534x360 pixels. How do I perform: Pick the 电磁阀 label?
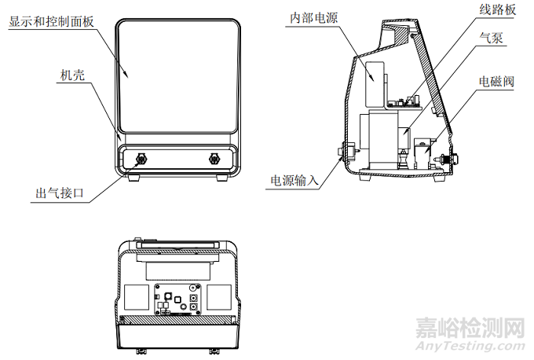496,81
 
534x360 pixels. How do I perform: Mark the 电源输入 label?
294,180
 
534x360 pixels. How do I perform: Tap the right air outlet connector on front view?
213,160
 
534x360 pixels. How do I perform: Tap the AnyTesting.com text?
470,347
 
